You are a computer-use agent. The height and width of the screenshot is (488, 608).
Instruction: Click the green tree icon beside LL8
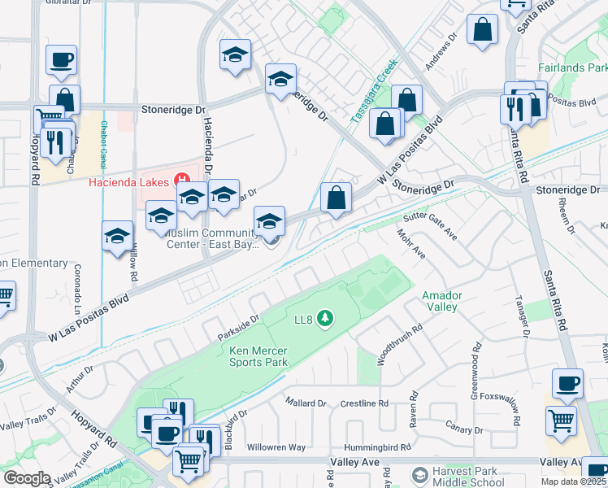pos(325,318)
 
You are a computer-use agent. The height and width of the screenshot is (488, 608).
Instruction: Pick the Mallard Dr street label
pos(306,403)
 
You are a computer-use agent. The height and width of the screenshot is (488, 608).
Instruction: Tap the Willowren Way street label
pos(276,447)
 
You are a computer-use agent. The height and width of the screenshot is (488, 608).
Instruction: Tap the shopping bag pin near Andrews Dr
pos(483,29)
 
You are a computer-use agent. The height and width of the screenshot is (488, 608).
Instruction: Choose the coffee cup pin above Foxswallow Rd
pos(567,383)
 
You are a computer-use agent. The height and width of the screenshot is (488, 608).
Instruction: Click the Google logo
pos(28,478)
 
